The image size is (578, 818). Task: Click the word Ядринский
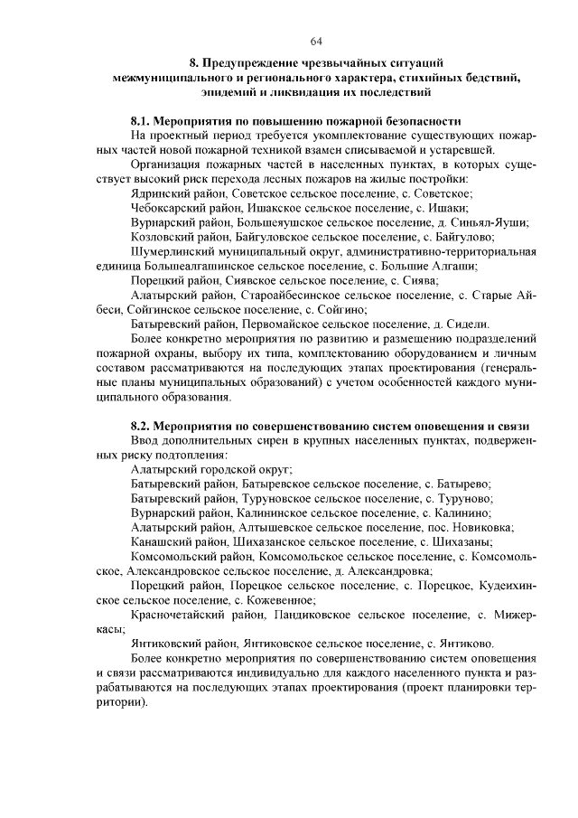(162, 193)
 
